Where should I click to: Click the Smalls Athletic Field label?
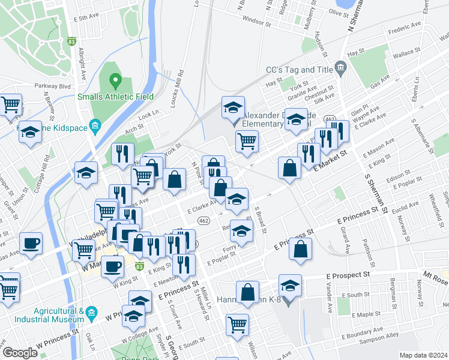click(x=115, y=97)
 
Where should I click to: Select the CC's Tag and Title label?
click(x=299, y=70)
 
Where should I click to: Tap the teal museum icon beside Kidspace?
click(x=94, y=125)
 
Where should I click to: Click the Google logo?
click(x=20, y=353)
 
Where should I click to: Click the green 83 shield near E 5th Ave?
click(x=71, y=42)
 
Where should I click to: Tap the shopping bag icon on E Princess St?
click(x=301, y=248)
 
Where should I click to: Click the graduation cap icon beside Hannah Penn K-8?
click(x=290, y=286)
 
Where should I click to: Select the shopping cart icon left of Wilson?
click(x=238, y=325)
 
